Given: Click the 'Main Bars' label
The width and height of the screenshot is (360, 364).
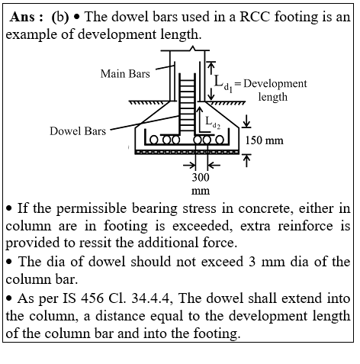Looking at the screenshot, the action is tap(125, 74).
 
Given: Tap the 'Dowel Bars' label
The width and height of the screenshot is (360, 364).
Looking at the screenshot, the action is tap(78, 131).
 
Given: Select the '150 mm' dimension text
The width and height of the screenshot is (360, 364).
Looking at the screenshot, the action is tap(264, 140).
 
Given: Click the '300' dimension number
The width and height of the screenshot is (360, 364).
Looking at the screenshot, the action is tap(201, 177).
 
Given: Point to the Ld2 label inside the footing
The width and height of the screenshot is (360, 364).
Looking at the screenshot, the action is tap(213, 123).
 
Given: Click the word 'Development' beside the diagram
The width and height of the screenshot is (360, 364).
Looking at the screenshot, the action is tap(275, 83).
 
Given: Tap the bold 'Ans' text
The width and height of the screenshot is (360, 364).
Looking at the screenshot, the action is tap(22, 17).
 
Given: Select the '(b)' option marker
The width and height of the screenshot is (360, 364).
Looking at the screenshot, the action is tap(60, 18).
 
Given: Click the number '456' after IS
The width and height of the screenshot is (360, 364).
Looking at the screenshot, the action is tap(92, 298).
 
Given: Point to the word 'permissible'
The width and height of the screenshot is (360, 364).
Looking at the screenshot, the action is tap(92, 208).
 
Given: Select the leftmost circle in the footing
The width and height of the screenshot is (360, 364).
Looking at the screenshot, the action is tap(153, 140).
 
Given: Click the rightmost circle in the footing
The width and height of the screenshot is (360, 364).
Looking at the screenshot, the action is tap(220, 140).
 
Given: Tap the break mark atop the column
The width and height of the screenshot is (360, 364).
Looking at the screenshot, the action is tap(193, 48).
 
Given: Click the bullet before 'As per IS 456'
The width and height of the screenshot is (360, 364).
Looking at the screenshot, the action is tap(9, 298).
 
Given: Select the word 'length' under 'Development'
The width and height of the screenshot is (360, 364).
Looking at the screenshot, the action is tap(273, 97).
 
